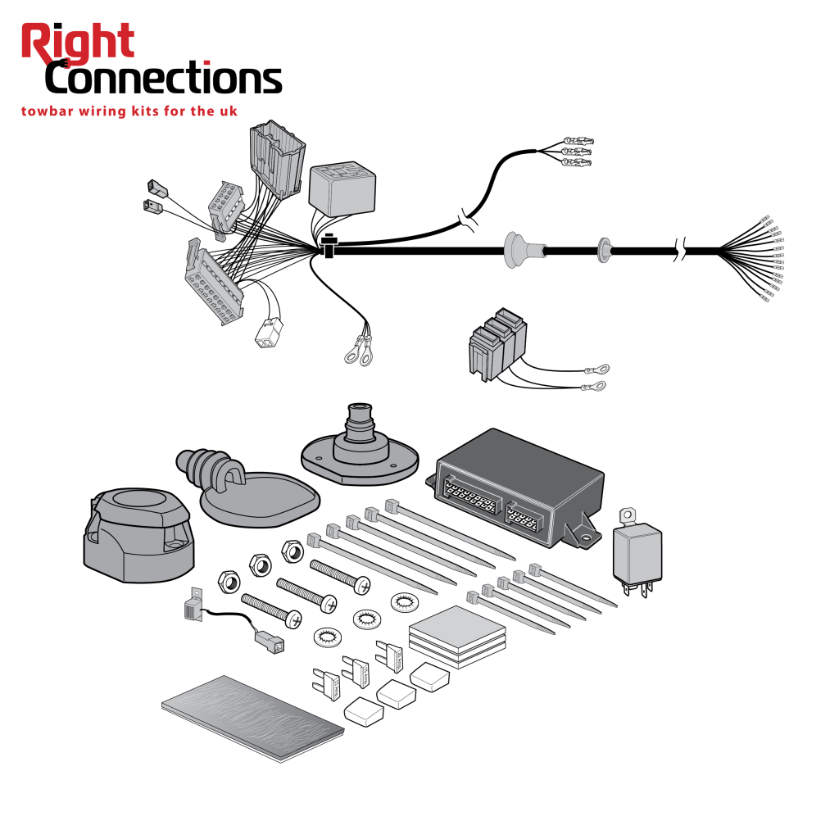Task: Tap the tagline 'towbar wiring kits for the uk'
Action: [x=129, y=111]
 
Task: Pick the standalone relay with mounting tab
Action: [x=637, y=550]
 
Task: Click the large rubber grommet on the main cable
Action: [x=516, y=249]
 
